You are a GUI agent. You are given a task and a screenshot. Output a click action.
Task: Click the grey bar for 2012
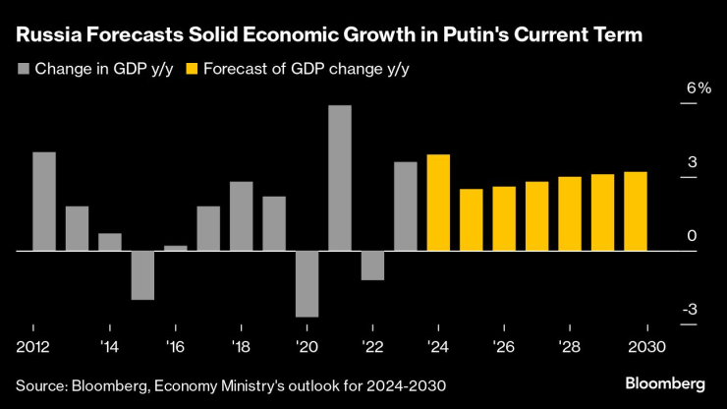click(x=44, y=202)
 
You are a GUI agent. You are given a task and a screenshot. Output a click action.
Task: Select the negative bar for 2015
click(x=142, y=275)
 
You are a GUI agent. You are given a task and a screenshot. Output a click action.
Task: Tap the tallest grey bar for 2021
click(x=340, y=178)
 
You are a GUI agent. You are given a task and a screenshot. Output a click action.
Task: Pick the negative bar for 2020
click(x=307, y=284)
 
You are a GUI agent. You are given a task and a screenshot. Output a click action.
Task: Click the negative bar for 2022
click(x=372, y=265)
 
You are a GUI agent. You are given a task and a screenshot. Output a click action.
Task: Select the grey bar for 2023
click(x=405, y=206)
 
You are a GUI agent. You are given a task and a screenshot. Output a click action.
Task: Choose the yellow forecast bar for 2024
click(x=438, y=203)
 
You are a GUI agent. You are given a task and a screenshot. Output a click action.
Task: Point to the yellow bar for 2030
click(x=636, y=211)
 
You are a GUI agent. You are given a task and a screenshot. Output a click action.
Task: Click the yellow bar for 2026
click(x=504, y=218)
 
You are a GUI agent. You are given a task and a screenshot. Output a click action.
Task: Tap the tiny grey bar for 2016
click(x=175, y=248)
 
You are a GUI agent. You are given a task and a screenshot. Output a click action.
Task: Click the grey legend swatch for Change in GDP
click(x=24, y=69)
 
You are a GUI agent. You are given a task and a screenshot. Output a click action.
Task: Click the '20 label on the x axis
click(x=307, y=347)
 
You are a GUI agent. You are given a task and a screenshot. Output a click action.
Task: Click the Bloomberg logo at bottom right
click(x=665, y=381)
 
